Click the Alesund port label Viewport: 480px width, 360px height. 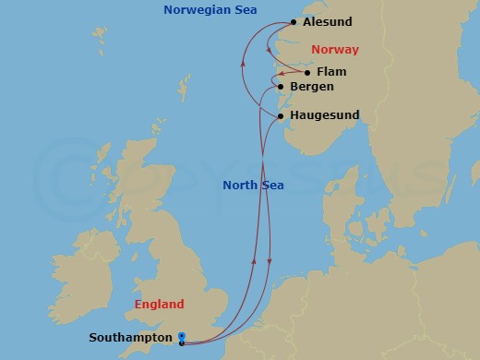[x=328, y=22]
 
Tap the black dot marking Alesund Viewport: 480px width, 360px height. [x=294, y=22]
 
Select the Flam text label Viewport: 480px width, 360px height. [x=330, y=71]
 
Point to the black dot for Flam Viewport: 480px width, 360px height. [x=306, y=72]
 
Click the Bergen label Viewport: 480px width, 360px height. [x=311, y=87]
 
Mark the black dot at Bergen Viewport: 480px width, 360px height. [x=281, y=87]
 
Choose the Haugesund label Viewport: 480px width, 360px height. [x=324, y=115]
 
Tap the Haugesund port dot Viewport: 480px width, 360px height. [x=281, y=116]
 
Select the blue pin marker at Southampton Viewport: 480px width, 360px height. [x=182, y=338]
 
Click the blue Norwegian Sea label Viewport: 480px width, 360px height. [x=210, y=10]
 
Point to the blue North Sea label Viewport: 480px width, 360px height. [x=253, y=186]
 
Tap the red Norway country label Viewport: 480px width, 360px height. [x=334, y=49]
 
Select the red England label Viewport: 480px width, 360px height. [x=159, y=304]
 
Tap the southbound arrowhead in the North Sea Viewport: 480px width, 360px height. [x=269, y=261]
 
